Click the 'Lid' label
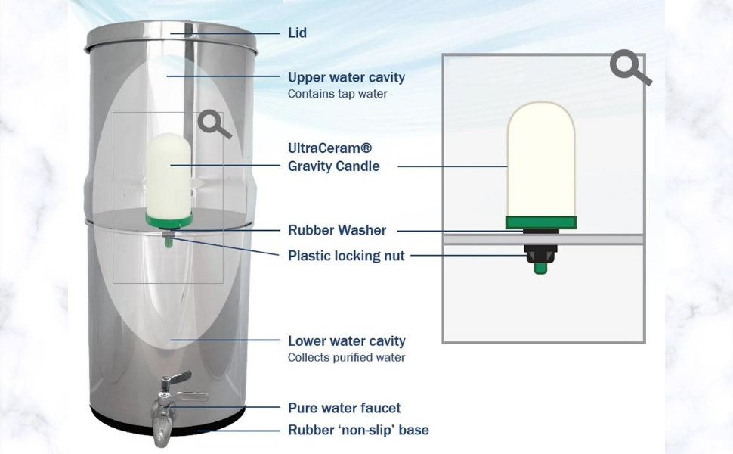297,33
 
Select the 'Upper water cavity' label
346,77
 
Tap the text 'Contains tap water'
337,95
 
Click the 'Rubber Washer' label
337,230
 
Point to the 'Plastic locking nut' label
346,256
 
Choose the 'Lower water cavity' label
346,341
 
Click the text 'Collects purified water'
346,358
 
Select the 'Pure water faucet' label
344,408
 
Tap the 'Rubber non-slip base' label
358,430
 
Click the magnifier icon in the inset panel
629,68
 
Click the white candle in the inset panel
540,159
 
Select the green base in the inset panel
540,222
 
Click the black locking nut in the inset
541,252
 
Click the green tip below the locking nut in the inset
540,267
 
